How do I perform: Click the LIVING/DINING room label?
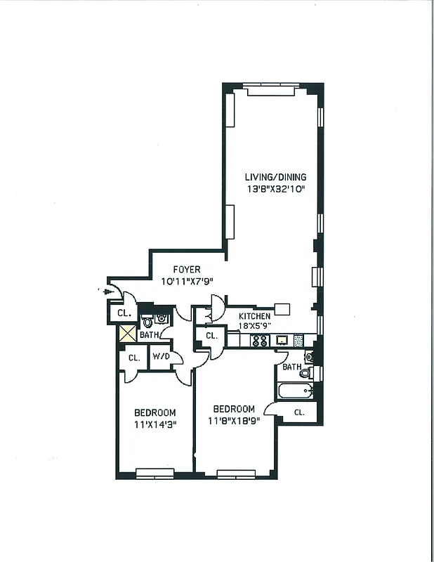pos(275,177)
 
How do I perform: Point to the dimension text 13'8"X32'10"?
pos(275,190)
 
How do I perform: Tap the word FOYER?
pos(187,269)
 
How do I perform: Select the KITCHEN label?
pos(254,317)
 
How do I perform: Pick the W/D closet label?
pos(161,358)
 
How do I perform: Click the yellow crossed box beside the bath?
pos(128,335)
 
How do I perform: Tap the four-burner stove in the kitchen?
pos(260,341)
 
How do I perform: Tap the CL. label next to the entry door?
pos(124,313)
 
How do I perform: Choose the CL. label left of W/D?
pos(133,358)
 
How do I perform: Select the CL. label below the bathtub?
pos(298,412)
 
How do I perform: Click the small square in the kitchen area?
pos(282,308)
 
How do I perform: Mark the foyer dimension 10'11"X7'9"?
pos(187,281)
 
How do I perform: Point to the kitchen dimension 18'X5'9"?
pos(254,327)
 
